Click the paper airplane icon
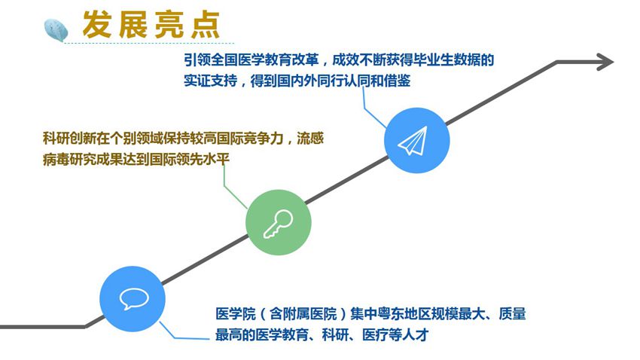click(x=413, y=140)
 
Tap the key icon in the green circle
click(x=278, y=224)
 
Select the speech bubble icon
click(x=134, y=298)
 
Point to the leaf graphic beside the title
click(x=56, y=30)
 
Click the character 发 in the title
click(x=97, y=25)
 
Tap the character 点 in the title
click(x=206, y=25)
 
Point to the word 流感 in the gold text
click(x=310, y=139)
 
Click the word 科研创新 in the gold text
click(x=69, y=139)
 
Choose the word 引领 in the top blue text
click(x=197, y=60)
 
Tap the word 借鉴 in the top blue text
click(x=397, y=81)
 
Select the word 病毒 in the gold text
click(x=56, y=159)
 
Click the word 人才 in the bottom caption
click(x=415, y=334)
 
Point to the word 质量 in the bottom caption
click(x=512, y=314)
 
